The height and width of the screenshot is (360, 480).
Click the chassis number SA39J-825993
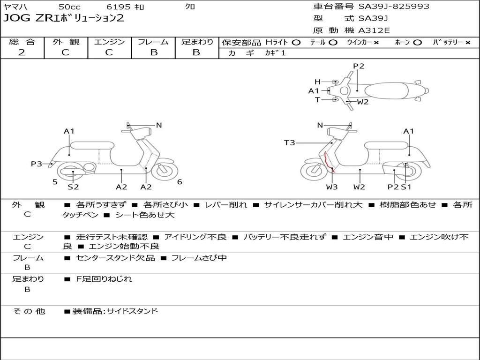point(394,7)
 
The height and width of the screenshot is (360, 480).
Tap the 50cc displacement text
point(69,7)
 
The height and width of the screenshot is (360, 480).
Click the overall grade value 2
point(22,52)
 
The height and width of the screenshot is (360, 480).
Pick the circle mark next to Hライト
point(296,43)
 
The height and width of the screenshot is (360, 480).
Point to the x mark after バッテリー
point(468,43)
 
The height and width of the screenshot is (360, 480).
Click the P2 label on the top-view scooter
point(359,66)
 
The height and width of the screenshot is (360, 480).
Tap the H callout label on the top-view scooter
point(317,82)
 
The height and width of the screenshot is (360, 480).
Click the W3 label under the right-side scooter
point(331,187)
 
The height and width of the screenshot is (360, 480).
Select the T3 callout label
point(289,142)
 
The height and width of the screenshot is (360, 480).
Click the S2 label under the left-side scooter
point(73,187)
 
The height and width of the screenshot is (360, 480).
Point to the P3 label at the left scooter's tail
point(37,164)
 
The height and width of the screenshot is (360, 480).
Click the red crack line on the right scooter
point(328,162)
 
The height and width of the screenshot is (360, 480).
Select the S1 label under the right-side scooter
point(406,187)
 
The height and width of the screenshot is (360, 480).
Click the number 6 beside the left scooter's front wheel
point(180,182)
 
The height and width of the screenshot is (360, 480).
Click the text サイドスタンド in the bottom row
point(133,311)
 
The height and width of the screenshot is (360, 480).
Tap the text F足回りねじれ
point(104,279)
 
